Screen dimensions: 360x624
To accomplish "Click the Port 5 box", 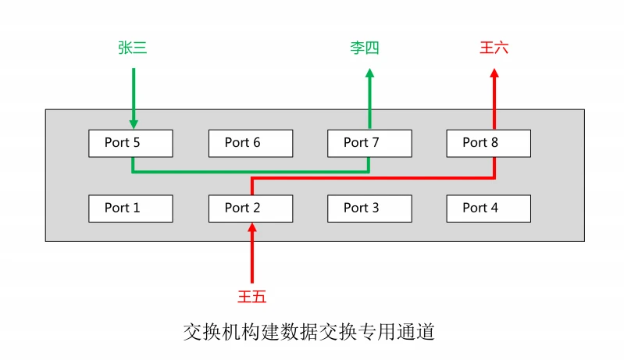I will (130, 143).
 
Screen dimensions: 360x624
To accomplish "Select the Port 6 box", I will (251, 143).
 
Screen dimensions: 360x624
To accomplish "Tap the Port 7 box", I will (369, 143).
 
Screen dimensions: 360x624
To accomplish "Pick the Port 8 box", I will (488, 143).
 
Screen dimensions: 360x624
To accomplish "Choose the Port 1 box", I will (130, 209).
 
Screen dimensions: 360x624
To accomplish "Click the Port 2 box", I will (251, 209).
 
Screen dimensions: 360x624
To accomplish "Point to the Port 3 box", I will (369, 209).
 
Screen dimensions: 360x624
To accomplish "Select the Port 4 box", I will (488, 209).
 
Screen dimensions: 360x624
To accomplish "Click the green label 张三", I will (133, 48).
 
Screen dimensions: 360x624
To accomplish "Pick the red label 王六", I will (494, 48).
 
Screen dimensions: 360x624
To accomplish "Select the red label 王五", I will (252, 296).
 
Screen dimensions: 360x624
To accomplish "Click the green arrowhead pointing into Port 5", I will (134, 123).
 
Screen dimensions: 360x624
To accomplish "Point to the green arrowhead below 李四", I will (370, 73).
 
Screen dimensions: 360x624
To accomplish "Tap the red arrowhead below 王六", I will (494, 73).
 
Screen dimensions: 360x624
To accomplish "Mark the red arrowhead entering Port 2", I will (251, 228).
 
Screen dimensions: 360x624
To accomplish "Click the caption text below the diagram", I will (308, 332).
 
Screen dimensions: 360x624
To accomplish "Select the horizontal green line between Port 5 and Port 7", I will (251, 170).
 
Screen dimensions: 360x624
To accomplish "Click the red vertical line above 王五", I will (251, 258).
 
